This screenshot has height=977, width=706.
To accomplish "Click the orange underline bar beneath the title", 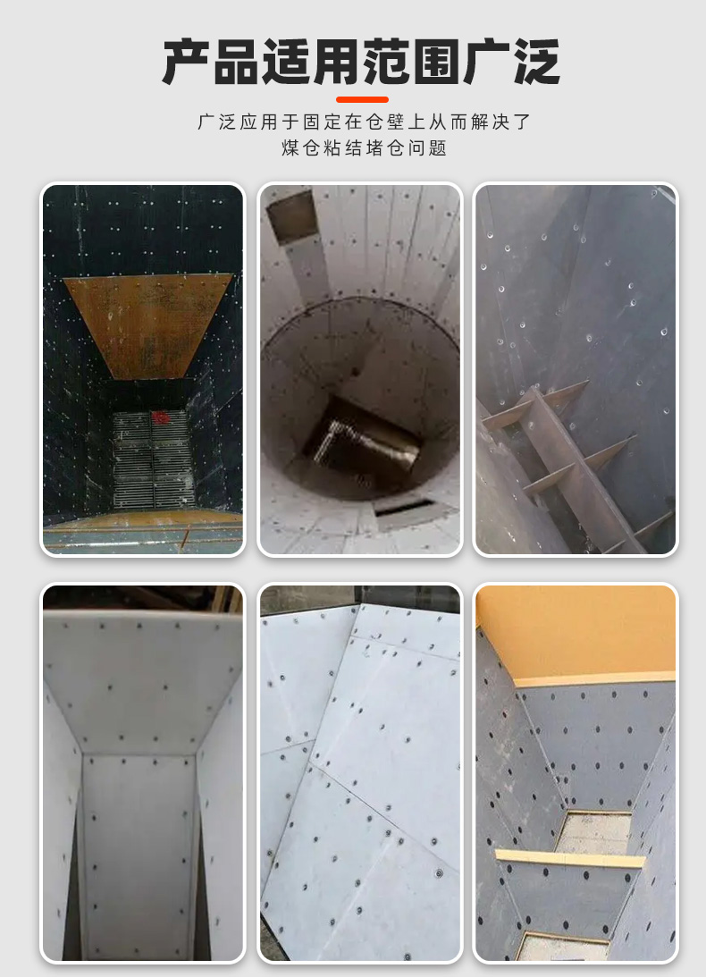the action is click(x=362, y=99).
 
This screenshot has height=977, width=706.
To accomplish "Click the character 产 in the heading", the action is click(x=186, y=62).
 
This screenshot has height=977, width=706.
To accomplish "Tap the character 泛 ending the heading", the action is click(x=536, y=62).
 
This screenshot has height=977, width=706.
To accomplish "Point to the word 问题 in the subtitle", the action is click(x=428, y=148).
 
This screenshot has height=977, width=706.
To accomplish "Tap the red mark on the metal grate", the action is click(x=162, y=417).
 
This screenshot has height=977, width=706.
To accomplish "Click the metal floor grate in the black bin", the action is click(x=154, y=459).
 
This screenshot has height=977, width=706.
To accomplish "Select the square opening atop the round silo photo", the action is click(x=291, y=216).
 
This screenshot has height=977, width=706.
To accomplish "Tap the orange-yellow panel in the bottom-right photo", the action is click(x=576, y=633).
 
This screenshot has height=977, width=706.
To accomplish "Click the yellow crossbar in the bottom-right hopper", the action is click(x=570, y=858).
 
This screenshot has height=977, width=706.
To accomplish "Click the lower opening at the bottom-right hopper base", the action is click(x=563, y=946).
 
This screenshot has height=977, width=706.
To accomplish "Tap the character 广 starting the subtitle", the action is click(x=206, y=122).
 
